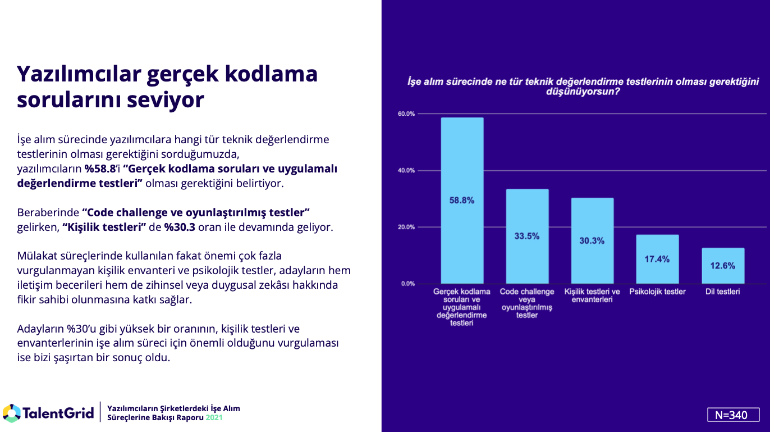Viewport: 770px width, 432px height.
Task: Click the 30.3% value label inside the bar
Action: click(x=592, y=241)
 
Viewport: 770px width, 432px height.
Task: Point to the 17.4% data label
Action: click(x=657, y=259)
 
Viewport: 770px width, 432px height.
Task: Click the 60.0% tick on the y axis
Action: click(x=406, y=114)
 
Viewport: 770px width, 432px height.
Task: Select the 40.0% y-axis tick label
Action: click(x=406, y=171)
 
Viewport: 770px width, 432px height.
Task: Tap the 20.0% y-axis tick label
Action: click(x=406, y=227)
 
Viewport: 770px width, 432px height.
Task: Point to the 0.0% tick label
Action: click(x=408, y=284)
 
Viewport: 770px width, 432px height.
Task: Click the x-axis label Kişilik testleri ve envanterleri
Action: click(x=592, y=295)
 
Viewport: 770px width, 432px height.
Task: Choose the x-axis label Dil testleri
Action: click(x=722, y=292)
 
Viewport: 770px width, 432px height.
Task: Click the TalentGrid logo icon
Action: click(x=11, y=413)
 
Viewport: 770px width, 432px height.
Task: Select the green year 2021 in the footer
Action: click(x=214, y=418)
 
